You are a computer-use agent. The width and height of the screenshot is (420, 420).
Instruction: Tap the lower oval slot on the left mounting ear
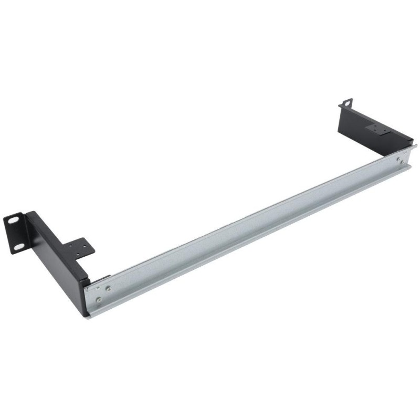[x=19, y=245]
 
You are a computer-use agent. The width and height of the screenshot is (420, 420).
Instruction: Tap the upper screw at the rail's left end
[x=108, y=288]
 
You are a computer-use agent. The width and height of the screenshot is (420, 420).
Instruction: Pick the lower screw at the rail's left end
[x=98, y=300]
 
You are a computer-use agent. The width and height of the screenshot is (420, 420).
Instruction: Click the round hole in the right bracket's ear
[x=346, y=103]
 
